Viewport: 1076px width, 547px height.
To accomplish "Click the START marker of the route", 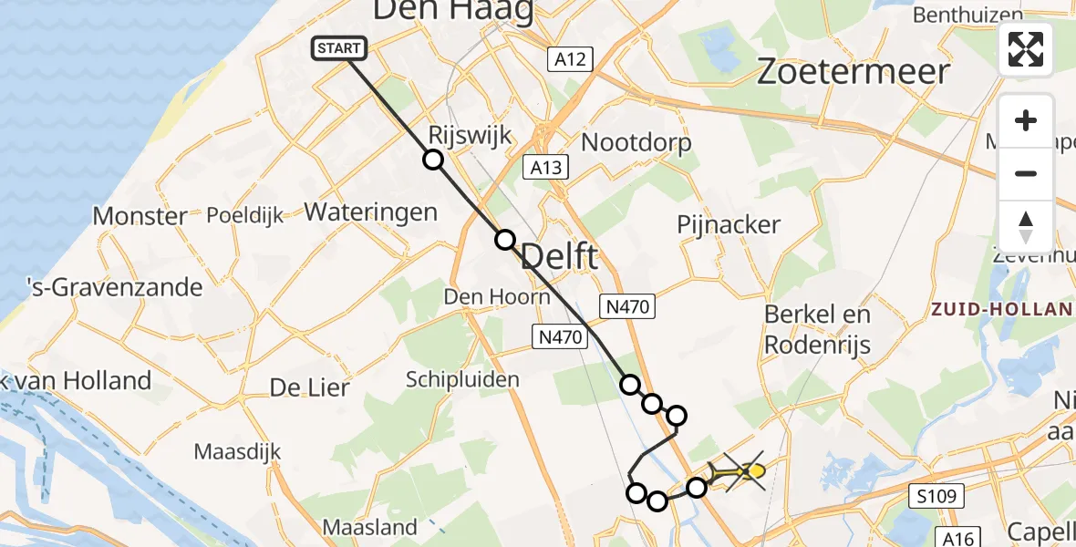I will (x=340, y=48).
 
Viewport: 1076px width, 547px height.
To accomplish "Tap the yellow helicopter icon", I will (x=738, y=471).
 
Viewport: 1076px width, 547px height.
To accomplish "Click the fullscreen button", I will (x=1026, y=49).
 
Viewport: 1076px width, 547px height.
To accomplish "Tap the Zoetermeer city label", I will (x=854, y=71).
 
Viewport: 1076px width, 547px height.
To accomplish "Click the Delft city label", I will (x=559, y=256).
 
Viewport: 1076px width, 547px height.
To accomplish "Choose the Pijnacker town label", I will (x=729, y=224).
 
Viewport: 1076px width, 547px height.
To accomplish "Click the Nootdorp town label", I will (x=636, y=142).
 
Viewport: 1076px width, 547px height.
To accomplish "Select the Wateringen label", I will (x=370, y=212).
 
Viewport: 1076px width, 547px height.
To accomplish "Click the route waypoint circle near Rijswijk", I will (x=433, y=160).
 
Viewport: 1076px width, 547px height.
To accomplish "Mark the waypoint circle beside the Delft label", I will (x=504, y=240).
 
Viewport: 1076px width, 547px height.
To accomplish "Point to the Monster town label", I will (x=140, y=216).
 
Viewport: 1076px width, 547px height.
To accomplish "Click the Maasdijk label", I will (x=237, y=451).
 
